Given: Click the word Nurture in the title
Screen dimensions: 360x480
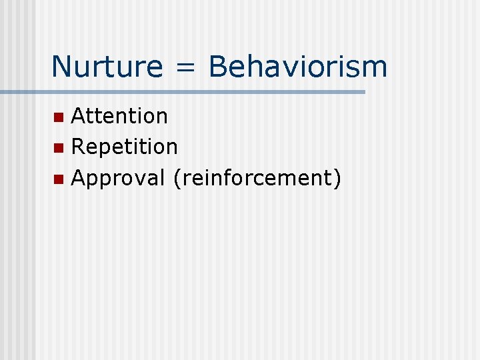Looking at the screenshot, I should click(106, 67).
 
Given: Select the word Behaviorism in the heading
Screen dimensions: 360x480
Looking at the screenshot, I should click(297, 67).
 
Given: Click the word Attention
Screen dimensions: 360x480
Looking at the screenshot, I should click(119, 116).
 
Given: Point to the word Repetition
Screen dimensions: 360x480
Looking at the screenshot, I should click(124, 147).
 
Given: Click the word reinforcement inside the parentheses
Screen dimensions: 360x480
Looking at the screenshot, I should click(256, 178).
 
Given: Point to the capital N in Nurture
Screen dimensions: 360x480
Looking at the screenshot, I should click(61, 67).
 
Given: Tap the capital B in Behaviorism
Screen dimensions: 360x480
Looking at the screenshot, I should click(217, 67).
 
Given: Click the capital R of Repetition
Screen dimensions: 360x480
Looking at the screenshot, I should click(78, 147).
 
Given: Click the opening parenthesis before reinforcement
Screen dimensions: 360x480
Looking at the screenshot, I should click(175, 178).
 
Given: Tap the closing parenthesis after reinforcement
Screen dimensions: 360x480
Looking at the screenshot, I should click(337, 178).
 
